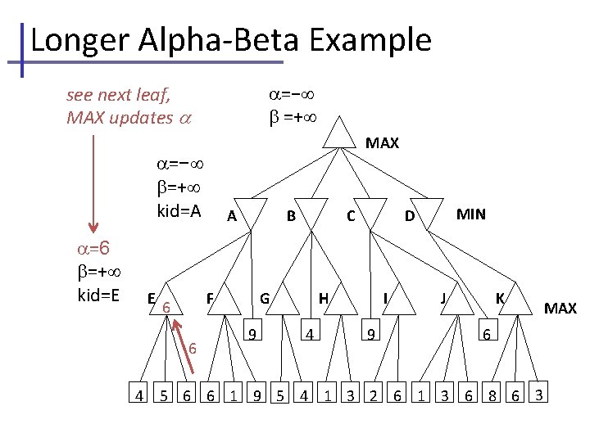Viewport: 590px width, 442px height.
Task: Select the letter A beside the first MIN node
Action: [x=232, y=217]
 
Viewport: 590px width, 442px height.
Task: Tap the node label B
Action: [x=290, y=217]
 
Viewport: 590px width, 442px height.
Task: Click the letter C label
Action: [x=350, y=217]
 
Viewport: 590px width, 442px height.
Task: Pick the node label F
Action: [x=210, y=299]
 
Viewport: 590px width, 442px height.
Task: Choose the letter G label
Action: [x=265, y=299]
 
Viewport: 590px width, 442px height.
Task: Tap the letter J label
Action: [x=442, y=299]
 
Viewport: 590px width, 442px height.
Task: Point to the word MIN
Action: [x=470, y=215]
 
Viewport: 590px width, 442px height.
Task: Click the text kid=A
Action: [x=179, y=211]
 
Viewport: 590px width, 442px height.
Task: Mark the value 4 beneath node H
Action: [x=308, y=335]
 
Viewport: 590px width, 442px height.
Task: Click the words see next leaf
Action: [x=118, y=95]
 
